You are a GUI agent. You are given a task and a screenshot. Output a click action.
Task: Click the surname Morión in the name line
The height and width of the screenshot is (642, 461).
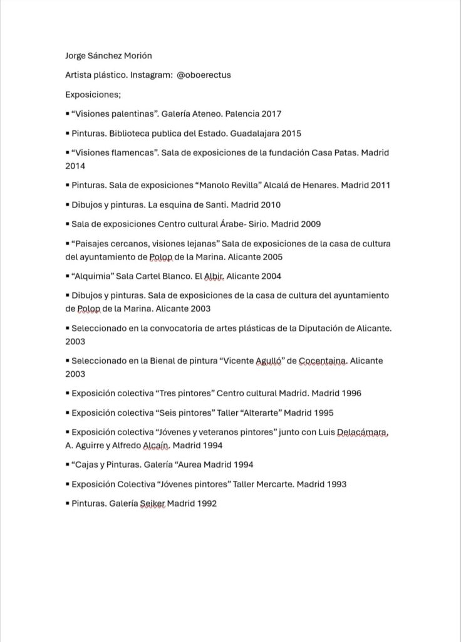coord(136,55)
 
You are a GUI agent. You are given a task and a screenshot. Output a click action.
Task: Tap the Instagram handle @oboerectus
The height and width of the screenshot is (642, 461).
coord(204,75)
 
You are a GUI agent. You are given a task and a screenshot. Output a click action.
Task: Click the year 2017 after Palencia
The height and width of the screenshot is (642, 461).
coord(271,114)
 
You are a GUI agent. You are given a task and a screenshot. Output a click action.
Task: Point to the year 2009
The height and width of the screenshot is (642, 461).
coord(310,224)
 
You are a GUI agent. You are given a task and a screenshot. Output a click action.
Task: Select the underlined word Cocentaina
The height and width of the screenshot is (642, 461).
coord(321,361)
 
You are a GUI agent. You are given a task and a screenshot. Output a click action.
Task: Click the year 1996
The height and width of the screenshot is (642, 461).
coord(350,393)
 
